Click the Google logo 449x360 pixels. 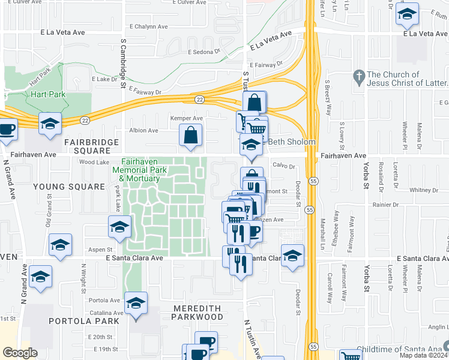(20, 353)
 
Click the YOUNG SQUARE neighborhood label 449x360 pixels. (69, 187)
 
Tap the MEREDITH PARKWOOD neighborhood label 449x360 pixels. (197, 312)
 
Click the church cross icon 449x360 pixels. (359, 77)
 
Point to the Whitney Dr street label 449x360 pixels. (424, 190)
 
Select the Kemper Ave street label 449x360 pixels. (186, 119)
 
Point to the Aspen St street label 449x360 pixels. (101, 249)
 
